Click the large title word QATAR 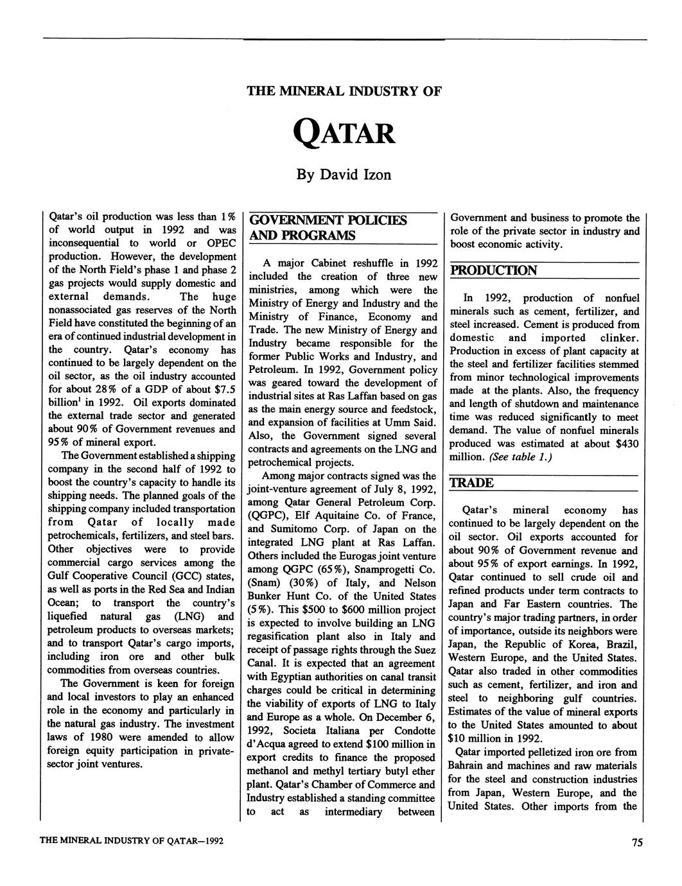[344, 134]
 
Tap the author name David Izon [344, 174]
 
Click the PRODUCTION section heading [494, 270]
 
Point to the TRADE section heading [471, 483]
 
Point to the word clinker [619, 338]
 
